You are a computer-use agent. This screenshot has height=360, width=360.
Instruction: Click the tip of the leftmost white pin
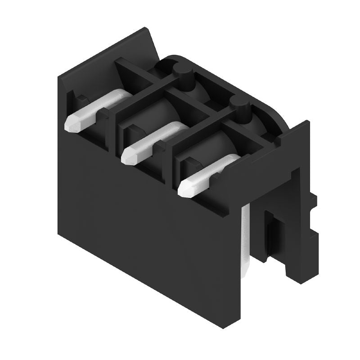[72, 124]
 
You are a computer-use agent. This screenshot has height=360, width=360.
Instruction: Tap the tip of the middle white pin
[129, 156]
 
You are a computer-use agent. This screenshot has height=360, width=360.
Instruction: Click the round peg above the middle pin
[182, 72]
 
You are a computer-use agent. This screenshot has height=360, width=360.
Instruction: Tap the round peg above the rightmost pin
[239, 106]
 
